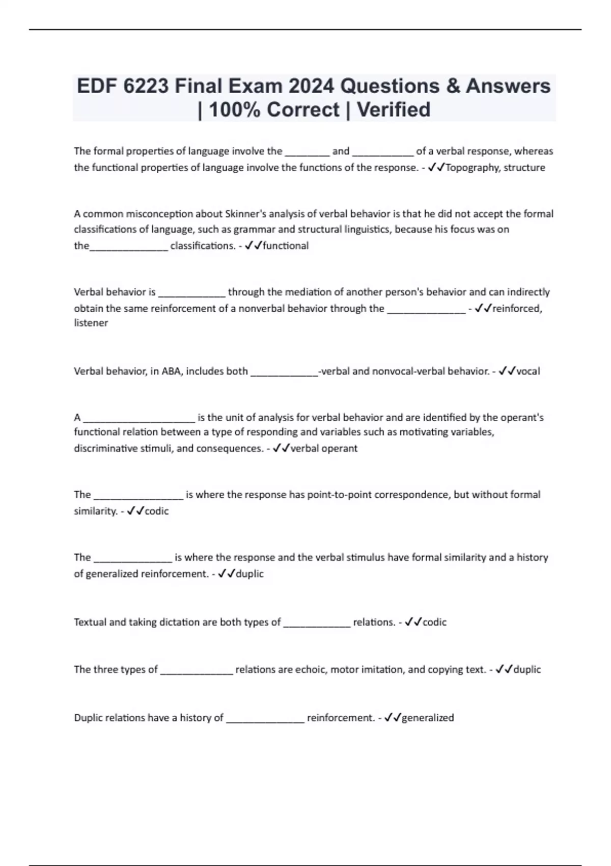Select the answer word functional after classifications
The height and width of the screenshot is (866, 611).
[x=285, y=246]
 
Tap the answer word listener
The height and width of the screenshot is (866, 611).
[x=91, y=323]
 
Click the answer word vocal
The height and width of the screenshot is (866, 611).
[x=528, y=371]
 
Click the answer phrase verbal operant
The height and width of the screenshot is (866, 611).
[x=324, y=449]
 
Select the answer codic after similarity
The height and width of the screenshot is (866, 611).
[x=156, y=511]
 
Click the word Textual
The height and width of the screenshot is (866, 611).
[x=90, y=622]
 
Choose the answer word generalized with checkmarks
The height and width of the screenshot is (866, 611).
[x=428, y=718]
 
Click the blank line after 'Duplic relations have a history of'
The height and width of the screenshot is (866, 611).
[x=265, y=719]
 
